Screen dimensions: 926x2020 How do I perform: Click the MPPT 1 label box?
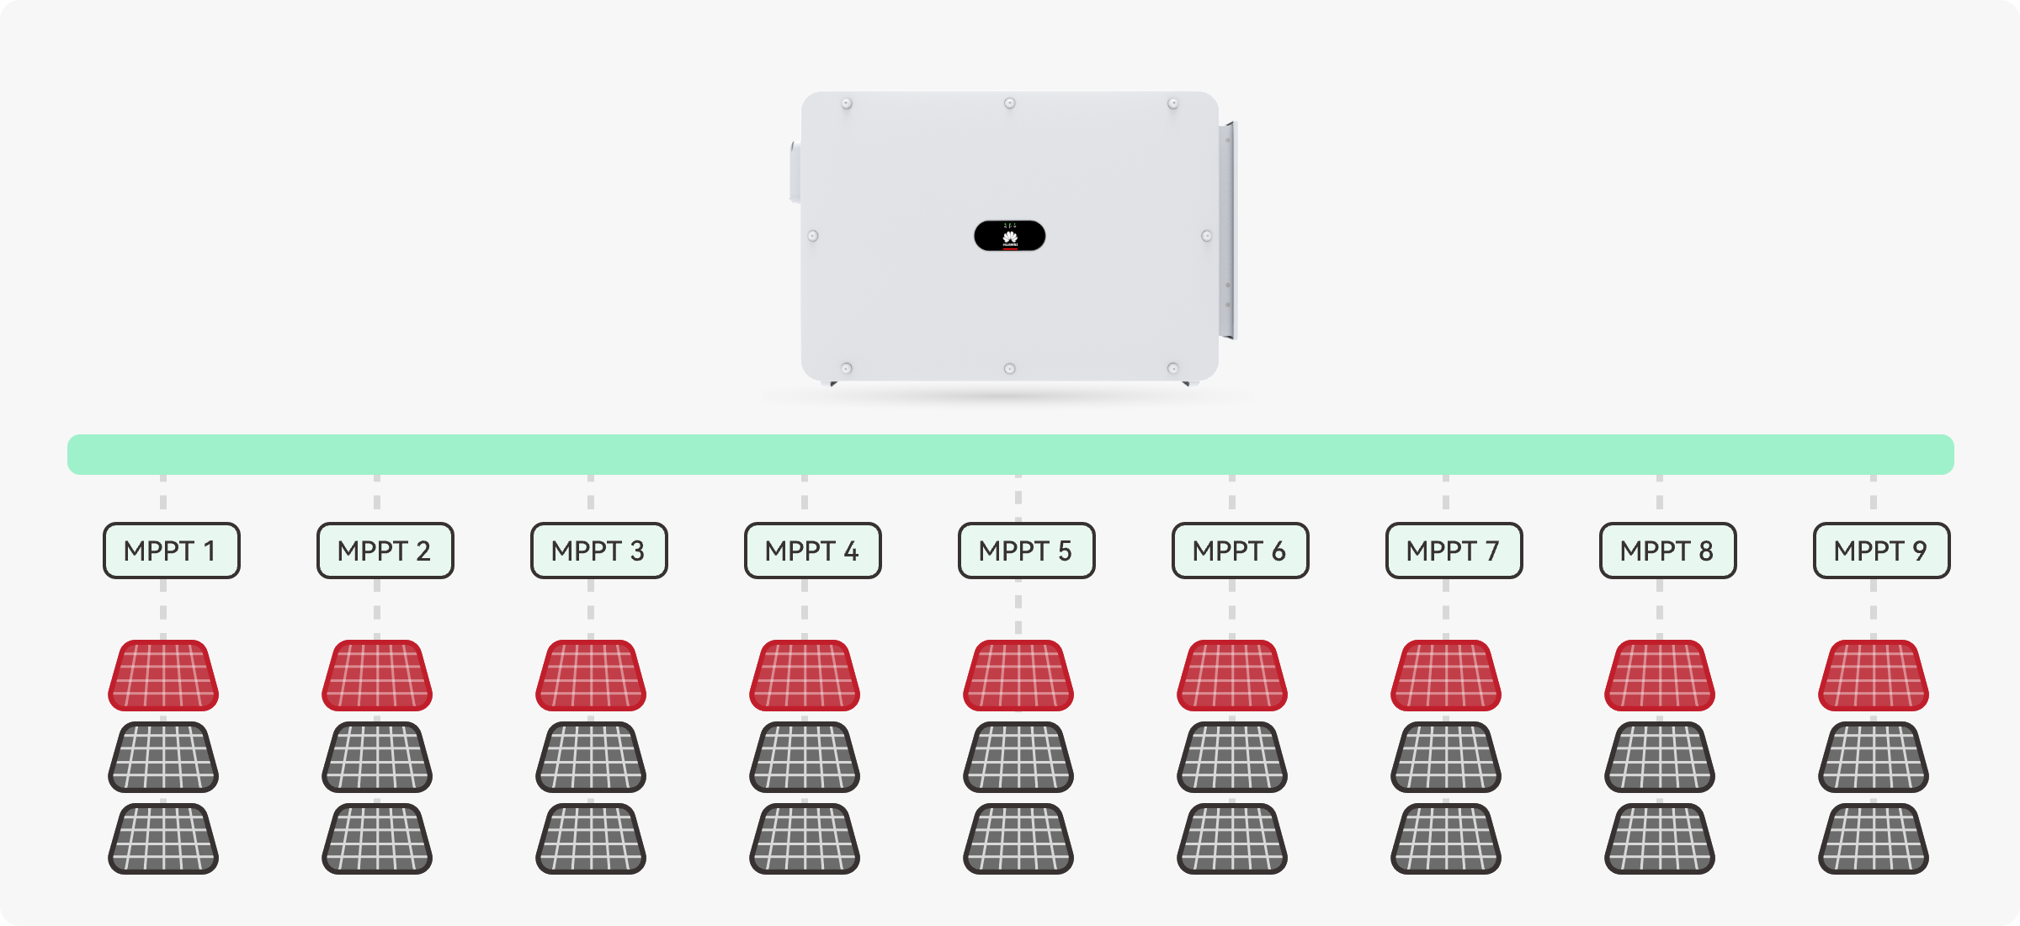click(x=171, y=551)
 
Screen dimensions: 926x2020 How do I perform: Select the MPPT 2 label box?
click(x=385, y=551)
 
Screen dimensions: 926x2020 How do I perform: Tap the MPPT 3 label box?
click(x=598, y=551)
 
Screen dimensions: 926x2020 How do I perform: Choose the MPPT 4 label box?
click(x=812, y=551)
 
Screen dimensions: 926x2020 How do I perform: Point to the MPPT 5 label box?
click(x=1026, y=551)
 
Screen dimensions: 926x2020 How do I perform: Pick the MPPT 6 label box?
click(x=1240, y=551)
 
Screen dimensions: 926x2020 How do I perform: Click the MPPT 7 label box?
click(x=1454, y=551)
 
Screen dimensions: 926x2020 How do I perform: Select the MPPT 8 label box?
click(x=1667, y=551)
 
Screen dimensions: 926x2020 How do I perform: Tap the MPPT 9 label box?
click(x=1881, y=551)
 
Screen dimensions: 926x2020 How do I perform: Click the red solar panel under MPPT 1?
click(x=163, y=675)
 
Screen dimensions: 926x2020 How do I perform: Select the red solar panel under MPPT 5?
click(x=1018, y=675)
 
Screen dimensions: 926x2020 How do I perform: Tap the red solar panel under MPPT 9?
click(x=1874, y=675)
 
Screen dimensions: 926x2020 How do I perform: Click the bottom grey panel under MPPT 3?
click(x=591, y=838)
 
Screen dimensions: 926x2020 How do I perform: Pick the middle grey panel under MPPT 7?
click(x=1446, y=757)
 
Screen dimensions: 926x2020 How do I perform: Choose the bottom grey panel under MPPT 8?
click(x=1660, y=838)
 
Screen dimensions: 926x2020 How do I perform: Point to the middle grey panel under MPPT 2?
click(x=377, y=757)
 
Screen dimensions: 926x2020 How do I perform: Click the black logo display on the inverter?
click(x=1009, y=236)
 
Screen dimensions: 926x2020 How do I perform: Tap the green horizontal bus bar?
click(x=1010, y=455)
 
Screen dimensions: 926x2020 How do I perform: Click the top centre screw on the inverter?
click(x=1009, y=104)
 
